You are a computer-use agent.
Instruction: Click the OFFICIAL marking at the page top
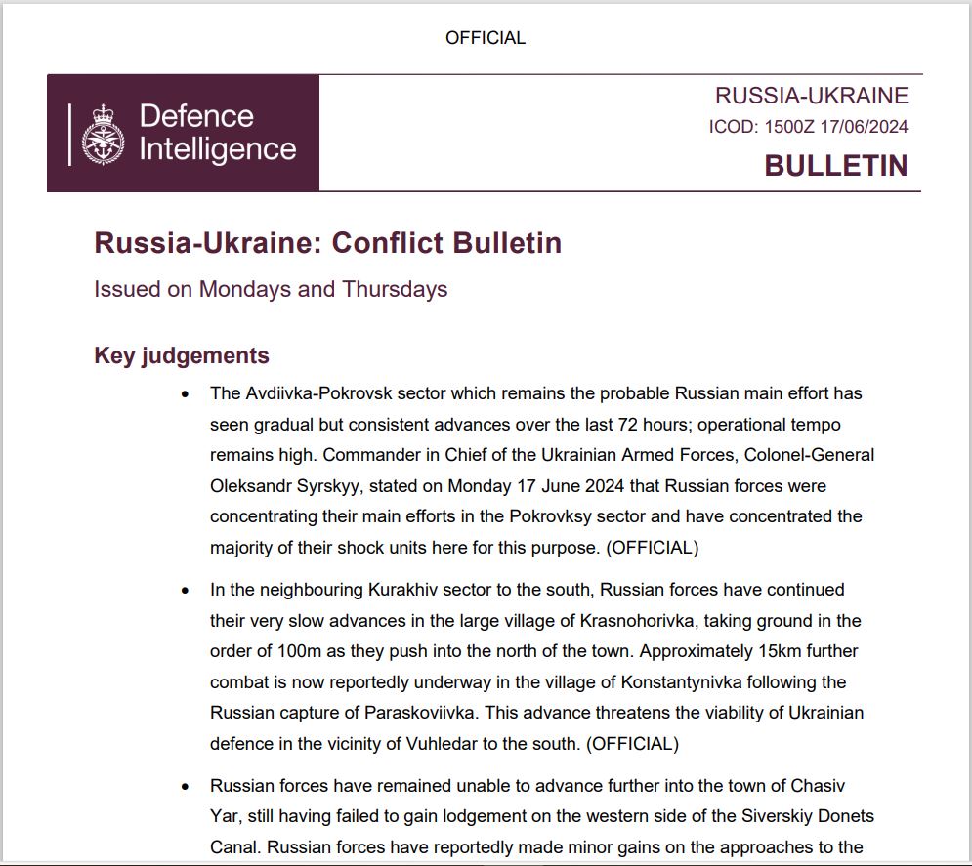tap(486, 38)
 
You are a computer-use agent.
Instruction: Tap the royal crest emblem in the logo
tap(103, 134)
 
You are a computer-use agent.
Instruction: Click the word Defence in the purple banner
tap(196, 116)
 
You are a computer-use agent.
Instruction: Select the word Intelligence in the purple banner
tap(217, 149)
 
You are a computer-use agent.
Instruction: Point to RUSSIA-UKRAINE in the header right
tap(811, 96)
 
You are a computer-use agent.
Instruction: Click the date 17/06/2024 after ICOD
tap(865, 127)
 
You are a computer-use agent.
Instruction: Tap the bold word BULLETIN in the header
tap(835, 166)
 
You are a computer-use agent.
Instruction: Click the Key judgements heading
tap(182, 355)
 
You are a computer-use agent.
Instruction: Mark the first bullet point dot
tap(186, 394)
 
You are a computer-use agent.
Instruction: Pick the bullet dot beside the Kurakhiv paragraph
tap(186, 591)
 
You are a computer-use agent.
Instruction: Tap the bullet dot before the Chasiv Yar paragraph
tap(186, 786)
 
